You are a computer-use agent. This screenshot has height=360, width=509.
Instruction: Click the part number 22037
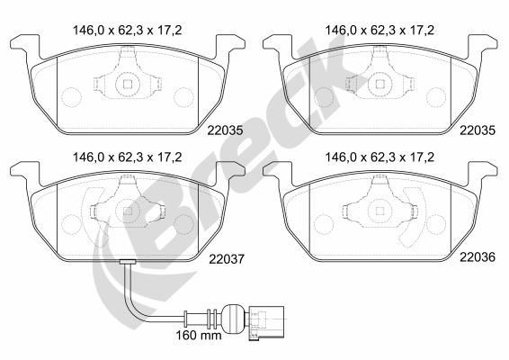[x=227, y=259]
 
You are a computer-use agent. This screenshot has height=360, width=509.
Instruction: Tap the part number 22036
[x=478, y=257]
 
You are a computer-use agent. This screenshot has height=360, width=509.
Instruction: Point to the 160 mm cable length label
[x=199, y=335]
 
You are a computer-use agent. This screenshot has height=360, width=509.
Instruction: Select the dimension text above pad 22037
[x=128, y=157]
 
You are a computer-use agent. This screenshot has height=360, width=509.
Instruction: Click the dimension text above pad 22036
[x=380, y=157]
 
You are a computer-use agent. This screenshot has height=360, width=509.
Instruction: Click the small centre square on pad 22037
[x=128, y=211]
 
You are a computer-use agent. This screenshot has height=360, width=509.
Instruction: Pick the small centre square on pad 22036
[x=380, y=211]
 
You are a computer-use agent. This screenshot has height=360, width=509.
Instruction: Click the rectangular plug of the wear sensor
[x=266, y=322]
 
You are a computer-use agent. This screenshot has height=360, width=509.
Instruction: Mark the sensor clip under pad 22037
[x=128, y=262]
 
